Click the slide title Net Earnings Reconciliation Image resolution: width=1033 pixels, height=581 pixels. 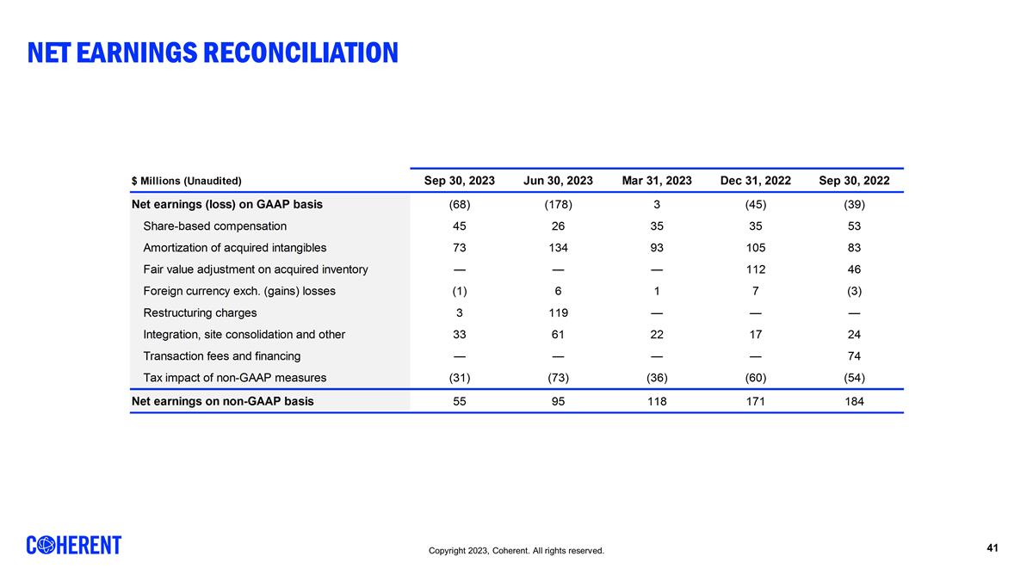click(213, 53)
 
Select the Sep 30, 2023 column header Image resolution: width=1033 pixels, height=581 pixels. click(460, 181)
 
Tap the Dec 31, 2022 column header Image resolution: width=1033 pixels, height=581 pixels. click(755, 181)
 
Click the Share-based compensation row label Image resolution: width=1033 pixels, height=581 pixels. click(214, 226)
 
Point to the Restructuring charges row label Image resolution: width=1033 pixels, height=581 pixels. click(200, 313)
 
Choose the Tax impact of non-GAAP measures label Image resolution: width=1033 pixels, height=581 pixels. click(234, 378)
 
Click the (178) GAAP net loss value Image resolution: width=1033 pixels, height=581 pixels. click(558, 205)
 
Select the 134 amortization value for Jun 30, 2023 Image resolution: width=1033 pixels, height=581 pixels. click(558, 248)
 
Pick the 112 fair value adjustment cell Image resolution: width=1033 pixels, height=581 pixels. click(755, 269)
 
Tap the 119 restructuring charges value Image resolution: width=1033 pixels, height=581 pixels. click(558, 313)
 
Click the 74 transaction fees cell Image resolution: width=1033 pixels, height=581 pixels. click(854, 356)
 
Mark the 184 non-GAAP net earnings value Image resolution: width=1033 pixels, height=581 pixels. click(854, 401)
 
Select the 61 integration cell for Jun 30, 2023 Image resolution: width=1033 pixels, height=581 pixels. click(558, 335)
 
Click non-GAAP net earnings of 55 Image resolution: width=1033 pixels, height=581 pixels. click(460, 401)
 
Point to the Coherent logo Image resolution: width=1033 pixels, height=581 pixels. click(74, 546)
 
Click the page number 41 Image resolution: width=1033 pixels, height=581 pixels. click(993, 548)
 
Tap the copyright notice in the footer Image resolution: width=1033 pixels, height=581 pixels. click(516, 551)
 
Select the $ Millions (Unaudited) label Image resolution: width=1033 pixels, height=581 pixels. click(186, 182)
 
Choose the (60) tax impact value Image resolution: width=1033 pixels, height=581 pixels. click(755, 378)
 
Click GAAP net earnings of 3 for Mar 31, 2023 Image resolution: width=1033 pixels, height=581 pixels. click(657, 205)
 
